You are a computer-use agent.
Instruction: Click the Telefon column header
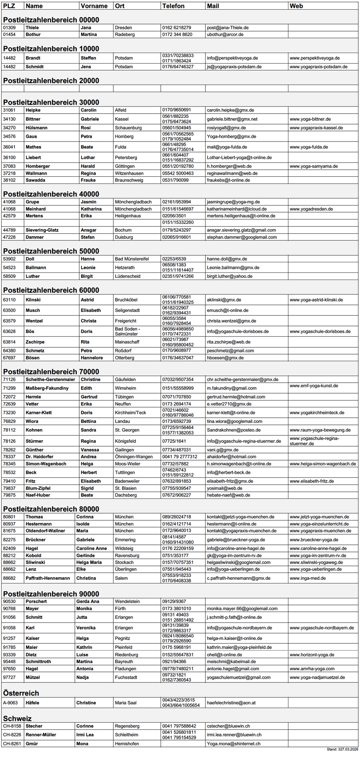(173, 6)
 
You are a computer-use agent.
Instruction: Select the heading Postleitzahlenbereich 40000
(51, 194)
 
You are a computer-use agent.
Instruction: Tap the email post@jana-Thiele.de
(227, 28)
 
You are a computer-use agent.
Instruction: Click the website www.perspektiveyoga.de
(314, 58)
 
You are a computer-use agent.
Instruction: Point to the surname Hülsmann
(36, 128)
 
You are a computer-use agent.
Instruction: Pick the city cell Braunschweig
(129, 180)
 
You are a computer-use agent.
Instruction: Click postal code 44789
(9, 230)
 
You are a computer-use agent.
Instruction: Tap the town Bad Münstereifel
(131, 259)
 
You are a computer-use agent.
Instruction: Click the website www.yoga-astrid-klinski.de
(316, 300)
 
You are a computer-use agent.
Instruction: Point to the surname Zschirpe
(35, 342)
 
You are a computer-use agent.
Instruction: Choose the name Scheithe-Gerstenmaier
(50, 379)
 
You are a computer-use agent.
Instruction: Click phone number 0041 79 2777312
(179, 457)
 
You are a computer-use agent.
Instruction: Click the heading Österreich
(21, 693)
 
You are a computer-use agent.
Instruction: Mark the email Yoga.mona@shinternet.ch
(233, 744)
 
